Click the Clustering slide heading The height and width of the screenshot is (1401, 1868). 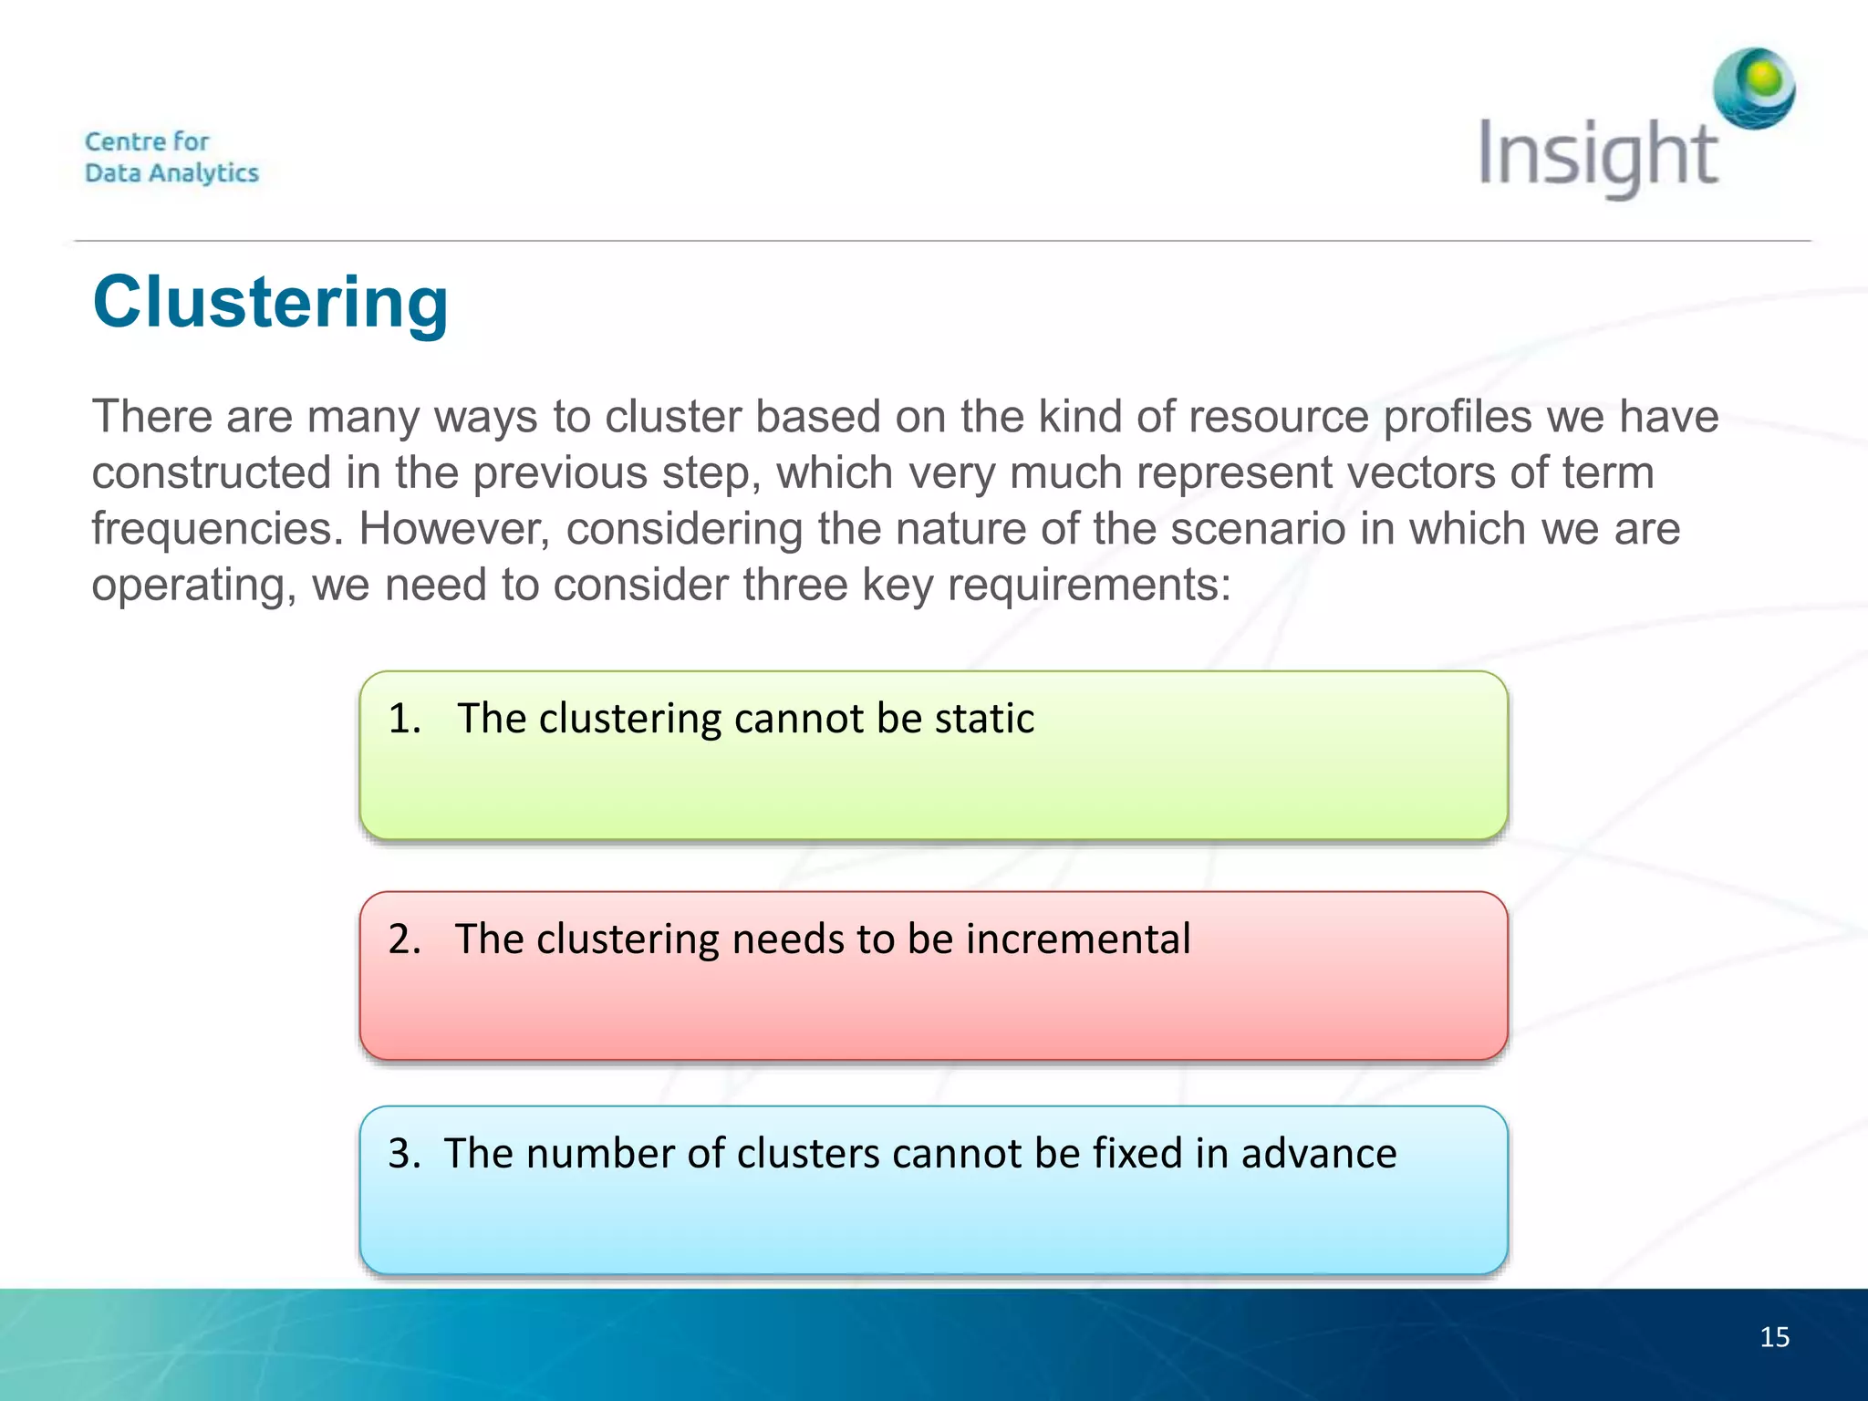pyautogui.click(x=270, y=303)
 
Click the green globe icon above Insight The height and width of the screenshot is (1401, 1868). pyautogui.click(x=1753, y=88)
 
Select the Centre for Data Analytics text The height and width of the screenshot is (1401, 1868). pyautogui.click(x=171, y=157)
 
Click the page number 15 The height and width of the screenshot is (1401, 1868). pyautogui.click(x=1774, y=1337)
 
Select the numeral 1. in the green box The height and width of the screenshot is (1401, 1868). pyautogui.click(x=404, y=719)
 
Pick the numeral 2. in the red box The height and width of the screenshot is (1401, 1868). pyautogui.click(x=404, y=939)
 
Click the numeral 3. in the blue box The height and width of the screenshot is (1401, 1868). pyautogui.click(x=404, y=1154)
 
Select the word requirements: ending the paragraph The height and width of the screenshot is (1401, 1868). pyautogui.click(x=1089, y=585)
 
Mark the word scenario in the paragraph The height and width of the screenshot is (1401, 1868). pyautogui.click(x=1258, y=529)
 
